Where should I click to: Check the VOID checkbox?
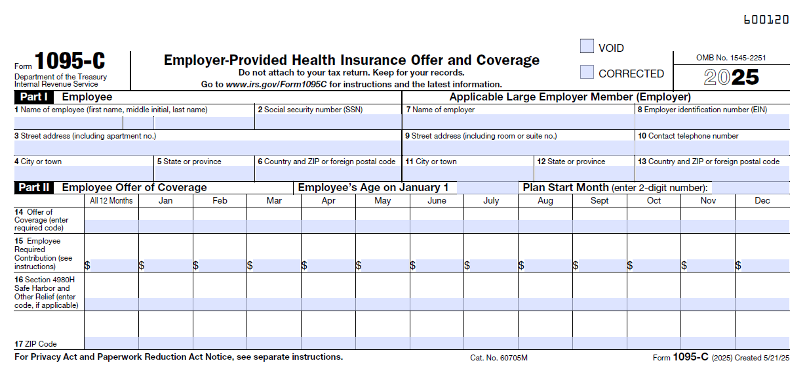587,47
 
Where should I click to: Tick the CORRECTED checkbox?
587,72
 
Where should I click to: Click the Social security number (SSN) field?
328,122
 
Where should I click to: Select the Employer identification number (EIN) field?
712,122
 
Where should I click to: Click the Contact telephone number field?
712,148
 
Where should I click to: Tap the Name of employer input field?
518,122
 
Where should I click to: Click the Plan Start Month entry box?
750,188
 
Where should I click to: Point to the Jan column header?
166,201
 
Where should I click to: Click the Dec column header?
762,201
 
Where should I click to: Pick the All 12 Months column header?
111,201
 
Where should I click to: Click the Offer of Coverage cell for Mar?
274,227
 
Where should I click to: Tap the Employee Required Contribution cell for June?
437,265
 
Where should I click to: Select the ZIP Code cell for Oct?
654,343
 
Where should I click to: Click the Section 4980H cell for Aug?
545,304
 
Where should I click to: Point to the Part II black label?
34,188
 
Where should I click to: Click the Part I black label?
33,97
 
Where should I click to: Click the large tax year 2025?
731,77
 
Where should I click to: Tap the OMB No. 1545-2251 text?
731,58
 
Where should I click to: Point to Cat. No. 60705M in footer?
498,358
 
